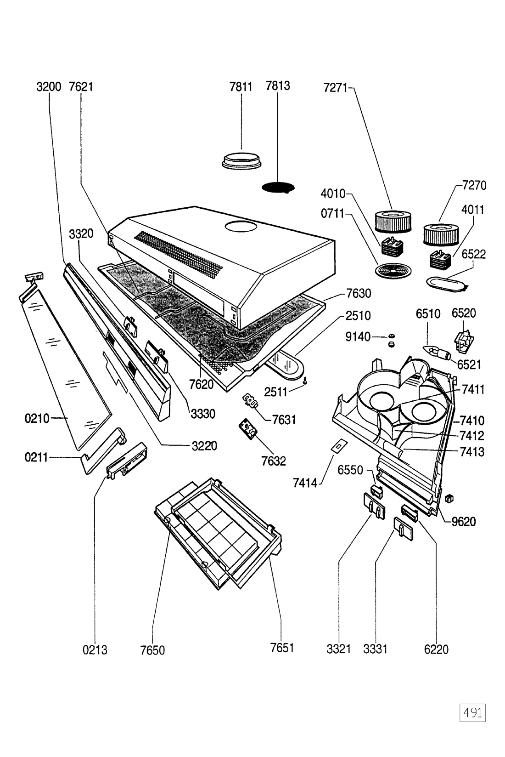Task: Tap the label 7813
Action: pos(277,86)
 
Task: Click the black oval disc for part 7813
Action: pos(278,187)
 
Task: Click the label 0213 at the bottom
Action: pos(95,650)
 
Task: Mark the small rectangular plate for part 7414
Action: pos(338,445)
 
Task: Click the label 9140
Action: pos(358,337)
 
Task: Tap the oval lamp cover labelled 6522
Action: pos(445,282)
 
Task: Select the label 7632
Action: pos(274,460)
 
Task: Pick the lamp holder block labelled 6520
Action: pos(464,340)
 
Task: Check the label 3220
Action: pos(204,445)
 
